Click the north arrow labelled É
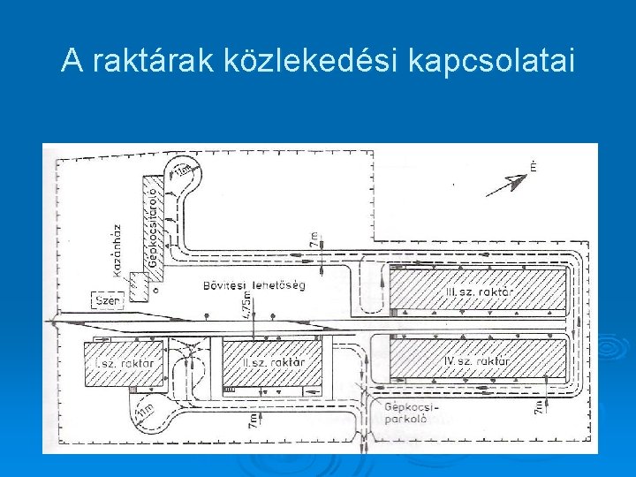[x=511, y=183]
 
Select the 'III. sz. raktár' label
[x=481, y=291]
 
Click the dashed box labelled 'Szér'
[x=107, y=301]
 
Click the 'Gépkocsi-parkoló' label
[x=407, y=413]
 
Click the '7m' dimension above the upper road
[x=314, y=238]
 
